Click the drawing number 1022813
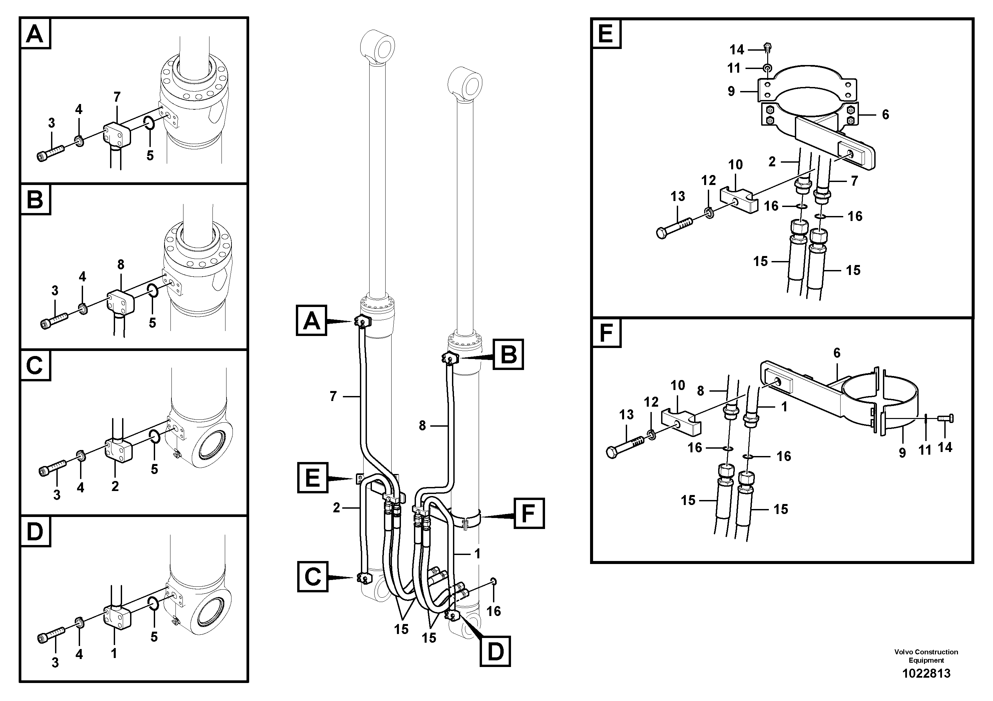pyautogui.click(x=926, y=673)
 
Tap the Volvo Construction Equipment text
pyautogui.click(x=926, y=656)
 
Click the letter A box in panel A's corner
pyautogui.click(x=35, y=34)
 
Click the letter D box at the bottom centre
pyautogui.click(x=495, y=651)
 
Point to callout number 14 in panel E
pyautogui.click(x=736, y=50)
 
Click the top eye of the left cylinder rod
pyautogui.click(x=378, y=45)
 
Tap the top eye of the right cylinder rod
pyautogui.click(x=465, y=82)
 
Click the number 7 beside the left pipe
pyautogui.click(x=333, y=396)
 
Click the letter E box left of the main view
pyautogui.click(x=313, y=478)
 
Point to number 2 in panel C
pyautogui.click(x=115, y=486)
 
